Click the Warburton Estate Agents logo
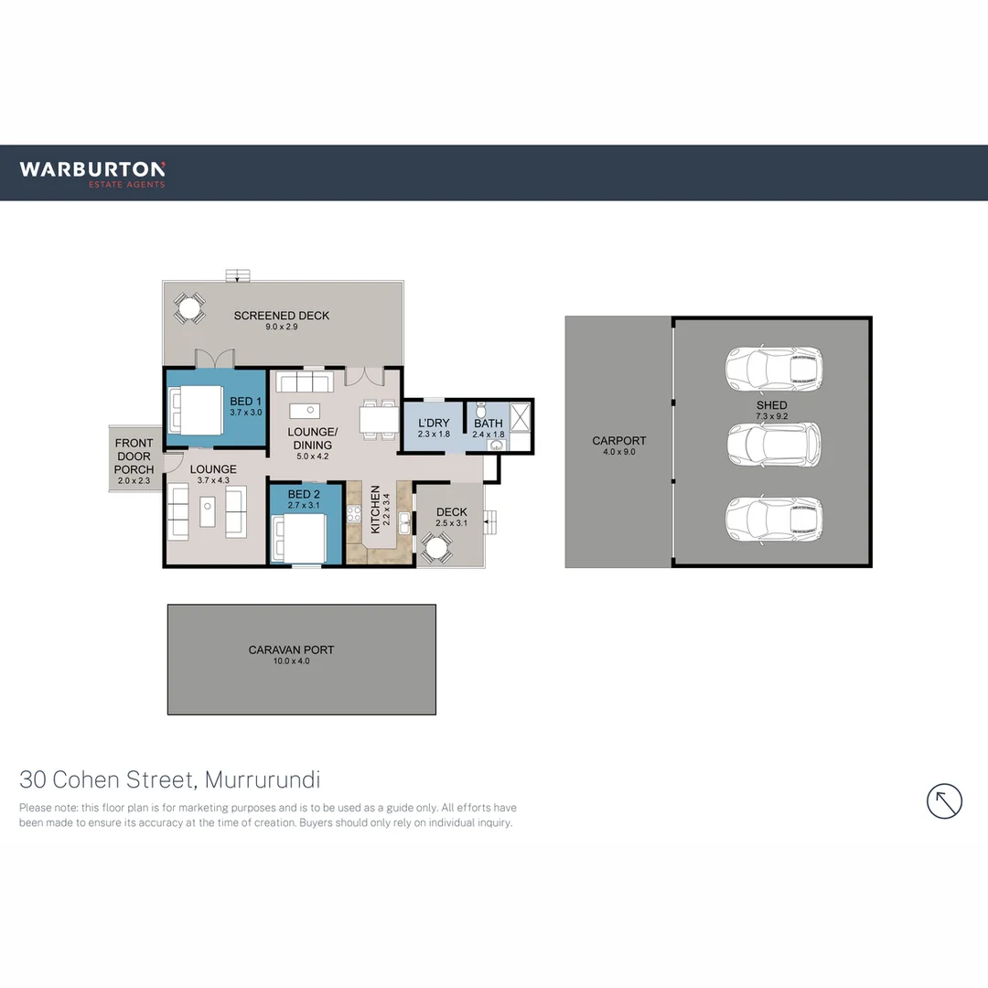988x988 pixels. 92,173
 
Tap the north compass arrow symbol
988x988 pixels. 944,801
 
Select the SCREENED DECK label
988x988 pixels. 281,316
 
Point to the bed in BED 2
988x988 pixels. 300,538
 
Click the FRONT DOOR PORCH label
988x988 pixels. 134,456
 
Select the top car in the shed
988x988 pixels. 773,368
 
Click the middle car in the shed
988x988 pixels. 773,444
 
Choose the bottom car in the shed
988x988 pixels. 773,519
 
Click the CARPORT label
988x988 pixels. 618,441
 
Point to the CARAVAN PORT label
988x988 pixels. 291,650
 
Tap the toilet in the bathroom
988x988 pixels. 481,413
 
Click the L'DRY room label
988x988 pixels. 434,423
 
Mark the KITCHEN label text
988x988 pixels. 374,510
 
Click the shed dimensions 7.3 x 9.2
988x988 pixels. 771,417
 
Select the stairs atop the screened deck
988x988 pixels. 238,274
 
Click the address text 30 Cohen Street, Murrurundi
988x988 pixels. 169,780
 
